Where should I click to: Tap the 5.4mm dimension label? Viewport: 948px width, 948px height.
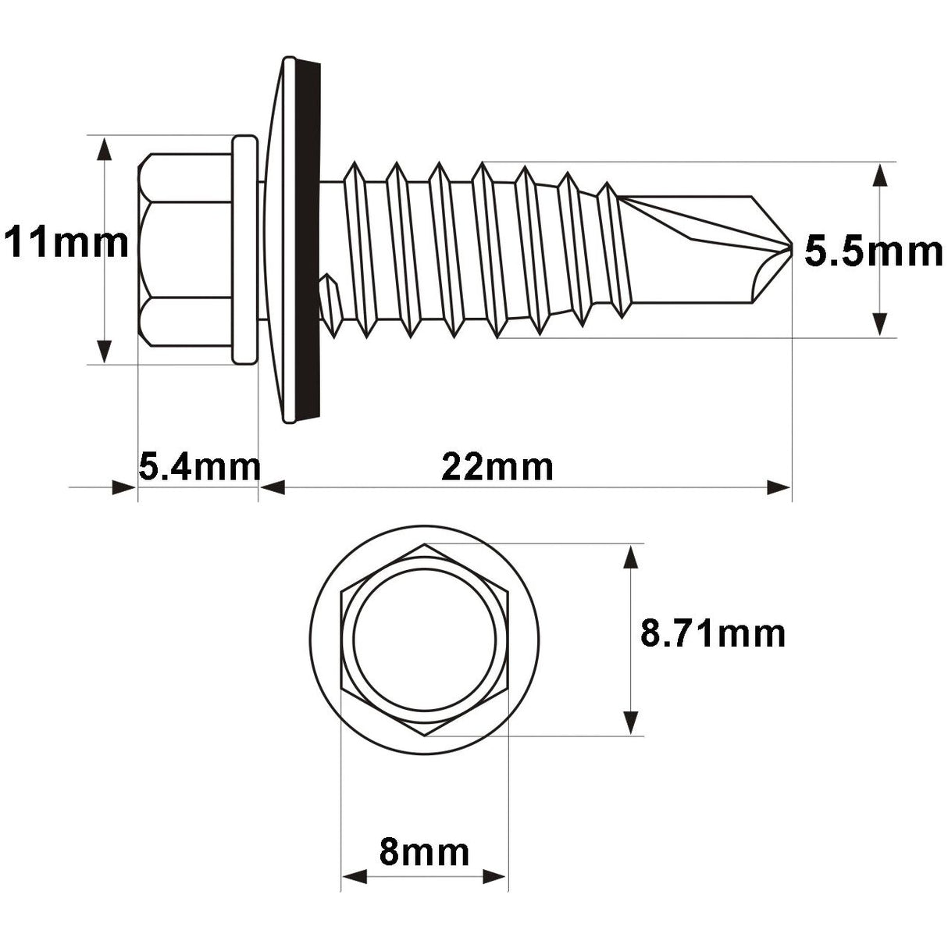(198, 467)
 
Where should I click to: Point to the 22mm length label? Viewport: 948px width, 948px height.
(497, 467)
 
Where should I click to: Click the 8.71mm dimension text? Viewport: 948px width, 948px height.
(712, 633)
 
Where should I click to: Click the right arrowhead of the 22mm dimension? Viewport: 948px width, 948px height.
(778, 488)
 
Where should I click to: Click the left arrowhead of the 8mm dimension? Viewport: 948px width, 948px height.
(355, 877)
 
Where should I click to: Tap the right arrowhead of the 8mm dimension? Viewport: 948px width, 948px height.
(494, 877)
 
